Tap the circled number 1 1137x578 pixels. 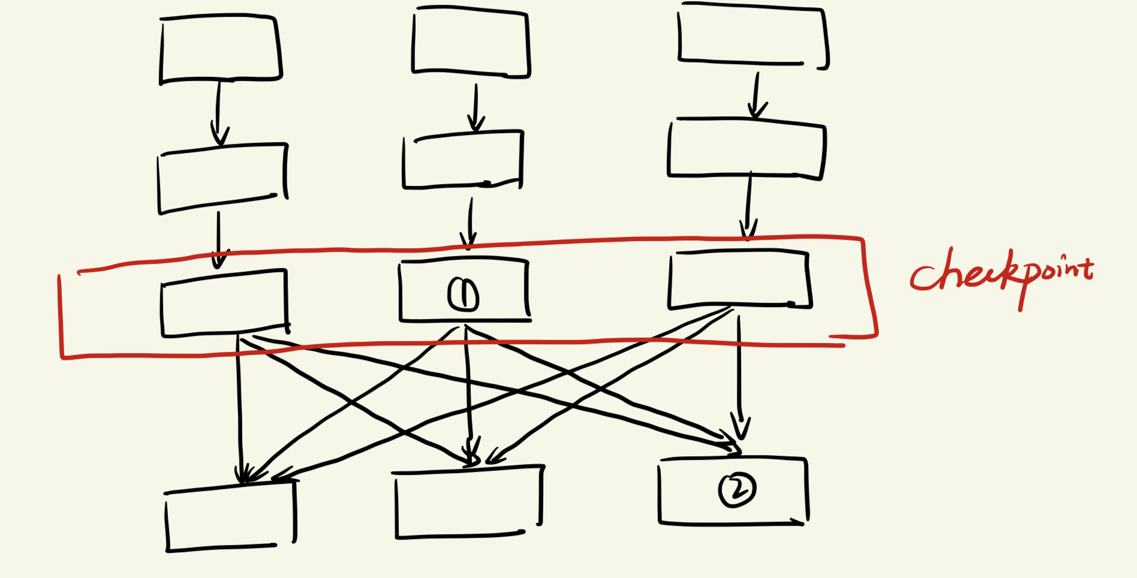(x=463, y=294)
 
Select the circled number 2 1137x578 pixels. (x=737, y=490)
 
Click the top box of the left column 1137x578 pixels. (x=221, y=49)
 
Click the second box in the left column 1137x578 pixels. (x=222, y=178)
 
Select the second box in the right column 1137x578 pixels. (x=747, y=148)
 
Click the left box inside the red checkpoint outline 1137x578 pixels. (x=224, y=303)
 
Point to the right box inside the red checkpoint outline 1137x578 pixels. (x=739, y=279)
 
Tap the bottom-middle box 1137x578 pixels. (x=468, y=502)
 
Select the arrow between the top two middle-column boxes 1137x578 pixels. (x=476, y=108)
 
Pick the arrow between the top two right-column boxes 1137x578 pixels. (x=756, y=96)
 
